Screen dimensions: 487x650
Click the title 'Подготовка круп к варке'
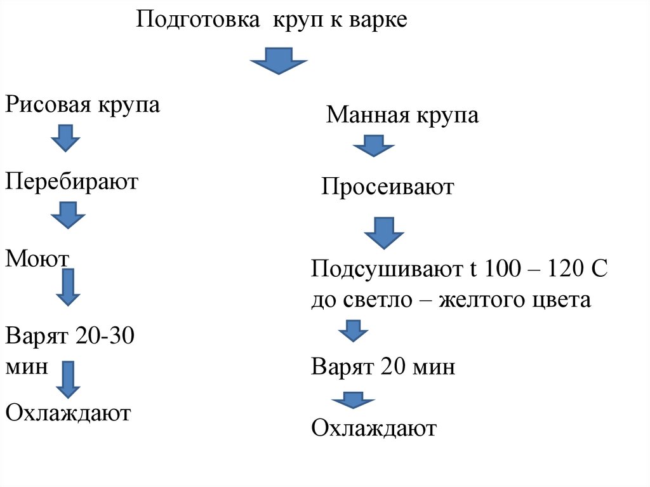point(271,19)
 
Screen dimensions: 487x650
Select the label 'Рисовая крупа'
point(83,105)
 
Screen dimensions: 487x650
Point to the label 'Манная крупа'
point(402,116)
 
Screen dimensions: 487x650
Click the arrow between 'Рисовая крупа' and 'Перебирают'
point(65,138)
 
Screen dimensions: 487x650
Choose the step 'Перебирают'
point(72,182)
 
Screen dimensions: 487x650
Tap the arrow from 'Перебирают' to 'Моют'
point(67,215)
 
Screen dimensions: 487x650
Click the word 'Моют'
point(37,258)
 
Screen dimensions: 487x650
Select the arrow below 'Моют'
point(68,287)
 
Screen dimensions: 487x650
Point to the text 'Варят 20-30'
point(70,335)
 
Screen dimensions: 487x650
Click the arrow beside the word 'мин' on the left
point(68,380)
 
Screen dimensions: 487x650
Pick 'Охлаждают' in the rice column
point(68,413)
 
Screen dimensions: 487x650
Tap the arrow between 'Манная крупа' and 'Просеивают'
point(374,145)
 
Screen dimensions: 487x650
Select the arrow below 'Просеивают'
point(383,232)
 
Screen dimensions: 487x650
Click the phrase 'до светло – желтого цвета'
point(451,299)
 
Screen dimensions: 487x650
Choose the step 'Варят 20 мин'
point(383,367)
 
